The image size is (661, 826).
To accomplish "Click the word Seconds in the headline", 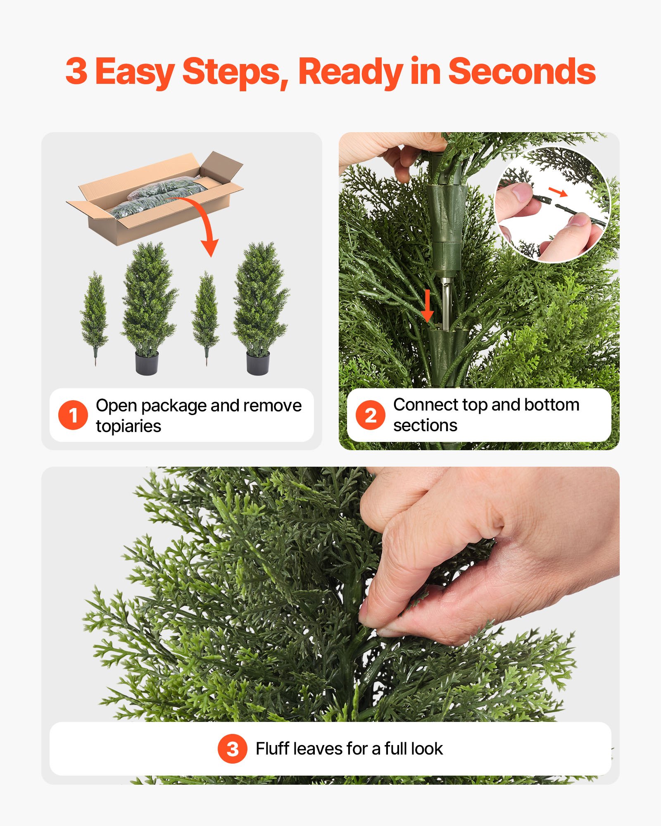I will [521, 71].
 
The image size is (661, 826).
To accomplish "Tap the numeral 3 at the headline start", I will [76, 71].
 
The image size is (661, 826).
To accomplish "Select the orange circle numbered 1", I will [73, 415].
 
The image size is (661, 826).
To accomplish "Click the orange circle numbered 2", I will [370, 415].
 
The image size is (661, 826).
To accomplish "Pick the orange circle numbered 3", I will [233, 748].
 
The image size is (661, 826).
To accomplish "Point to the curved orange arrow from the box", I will [202, 219].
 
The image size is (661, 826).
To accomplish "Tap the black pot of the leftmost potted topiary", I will [147, 362].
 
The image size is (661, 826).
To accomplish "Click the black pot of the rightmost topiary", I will [258, 362].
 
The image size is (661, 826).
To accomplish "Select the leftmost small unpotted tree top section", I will [95, 314].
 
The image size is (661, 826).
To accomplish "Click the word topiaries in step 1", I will [128, 426].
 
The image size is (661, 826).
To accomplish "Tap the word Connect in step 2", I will [426, 405].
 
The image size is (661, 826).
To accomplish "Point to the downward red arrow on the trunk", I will [428, 306].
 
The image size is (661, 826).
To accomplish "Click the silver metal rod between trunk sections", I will [446, 301].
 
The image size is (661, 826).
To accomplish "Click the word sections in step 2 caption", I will [425, 425].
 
